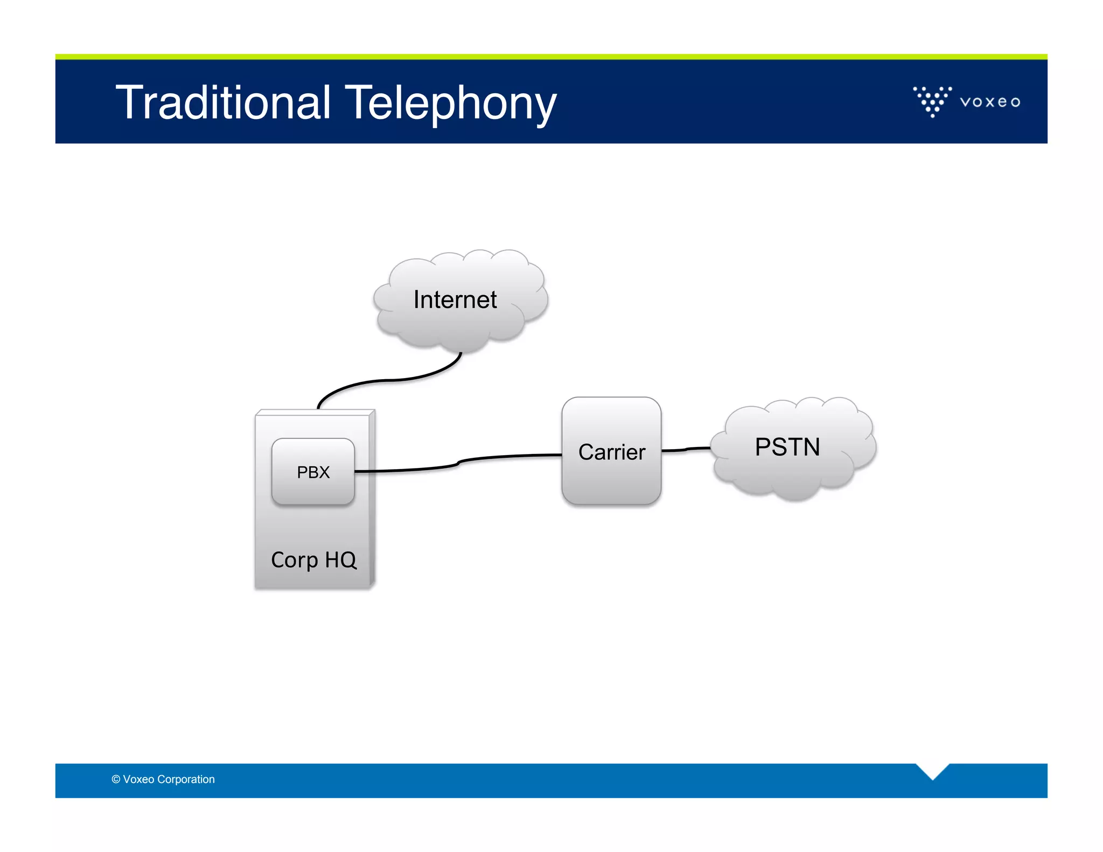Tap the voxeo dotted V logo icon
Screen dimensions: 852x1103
click(x=932, y=101)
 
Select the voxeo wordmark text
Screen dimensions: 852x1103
click(x=990, y=102)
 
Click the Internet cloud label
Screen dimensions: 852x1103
click(x=455, y=300)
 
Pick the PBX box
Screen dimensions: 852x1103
click(x=313, y=472)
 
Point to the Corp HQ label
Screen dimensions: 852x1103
click(x=313, y=560)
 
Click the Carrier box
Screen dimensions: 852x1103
click(x=611, y=451)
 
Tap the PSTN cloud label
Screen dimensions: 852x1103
click(x=787, y=447)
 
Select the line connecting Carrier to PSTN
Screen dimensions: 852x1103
click(x=686, y=449)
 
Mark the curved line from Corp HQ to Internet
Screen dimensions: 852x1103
click(x=388, y=380)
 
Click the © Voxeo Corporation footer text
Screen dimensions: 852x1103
click(x=163, y=779)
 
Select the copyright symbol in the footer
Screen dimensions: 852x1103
click(x=116, y=779)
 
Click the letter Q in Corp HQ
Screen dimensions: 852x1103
click(x=348, y=560)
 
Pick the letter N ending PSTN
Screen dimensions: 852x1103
click(x=810, y=447)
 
